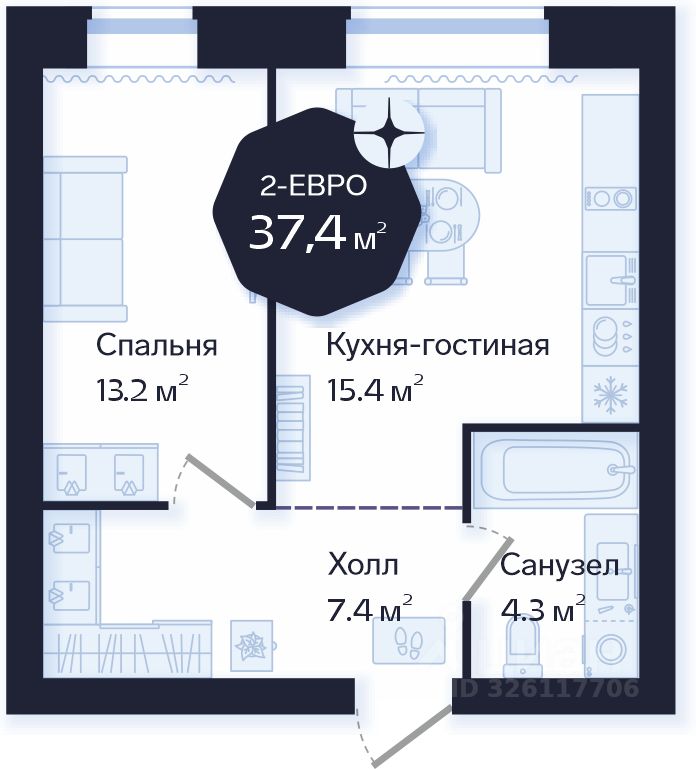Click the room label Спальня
pyautogui.click(x=156, y=346)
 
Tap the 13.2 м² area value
pyautogui.click(x=143, y=389)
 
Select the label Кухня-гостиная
pyautogui.click(x=438, y=345)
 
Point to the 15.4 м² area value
pyautogui.click(x=375, y=389)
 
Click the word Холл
pyautogui.click(x=363, y=564)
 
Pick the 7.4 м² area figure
pyautogui.click(x=370, y=608)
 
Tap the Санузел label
pyautogui.click(x=560, y=565)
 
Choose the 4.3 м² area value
pyautogui.click(x=543, y=609)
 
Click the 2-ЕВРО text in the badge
pyautogui.click(x=313, y=186)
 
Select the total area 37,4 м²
pyautogui.click(x=318, y=232)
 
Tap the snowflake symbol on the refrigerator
pyautogui.click(x=610, y=394)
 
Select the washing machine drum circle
pyautogui.click(x=611, y=648)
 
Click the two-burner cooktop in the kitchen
pyautogui.click(x=611, y=199)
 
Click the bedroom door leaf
pyautogui.click(x=221, y=481)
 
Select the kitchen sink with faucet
pyautogui.click(x=610, y=280)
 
